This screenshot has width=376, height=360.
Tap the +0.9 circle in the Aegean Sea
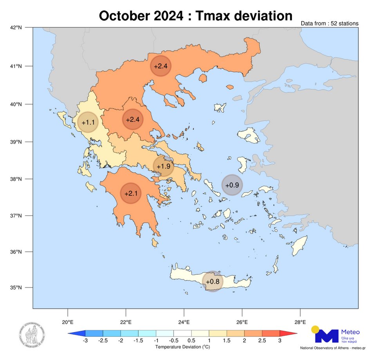tap(232, 184)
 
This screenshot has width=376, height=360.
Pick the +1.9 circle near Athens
tap(163, 166)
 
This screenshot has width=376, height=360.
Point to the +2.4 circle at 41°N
tap(161, 66)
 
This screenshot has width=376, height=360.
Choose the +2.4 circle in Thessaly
tap(134, 119)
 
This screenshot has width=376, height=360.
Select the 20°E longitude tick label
tap(68, 322)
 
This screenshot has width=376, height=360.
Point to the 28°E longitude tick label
tap(300, 322)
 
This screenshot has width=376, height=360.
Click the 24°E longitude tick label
tap(184, 322)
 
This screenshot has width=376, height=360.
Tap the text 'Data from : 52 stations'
tap(329, 24)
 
